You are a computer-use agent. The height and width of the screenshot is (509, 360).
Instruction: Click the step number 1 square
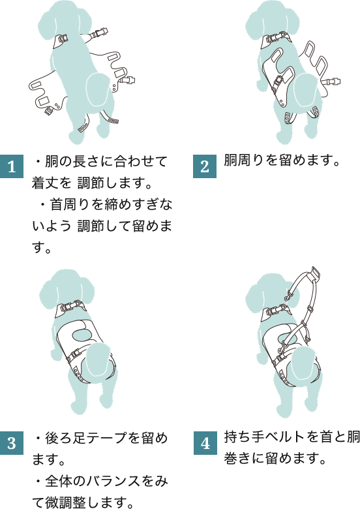(x=12, y=166)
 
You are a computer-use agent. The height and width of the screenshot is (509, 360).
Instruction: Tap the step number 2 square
(x=205, y=166)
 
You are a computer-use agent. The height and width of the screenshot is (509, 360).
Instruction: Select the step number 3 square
(x=12, y=443)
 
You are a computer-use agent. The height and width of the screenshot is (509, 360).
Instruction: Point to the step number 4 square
(x=205, y=443)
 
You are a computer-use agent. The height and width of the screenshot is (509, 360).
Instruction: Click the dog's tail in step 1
(x=98, y=89)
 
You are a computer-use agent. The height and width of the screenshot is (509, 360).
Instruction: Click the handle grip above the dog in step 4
(x=314, y=273)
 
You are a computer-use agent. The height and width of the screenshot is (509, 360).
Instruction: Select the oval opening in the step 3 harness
(x=82, y=335)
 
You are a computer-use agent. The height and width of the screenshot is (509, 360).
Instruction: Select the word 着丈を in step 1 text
(x=52, y=183)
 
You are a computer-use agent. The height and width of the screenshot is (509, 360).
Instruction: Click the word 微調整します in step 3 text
(x=85, y=502)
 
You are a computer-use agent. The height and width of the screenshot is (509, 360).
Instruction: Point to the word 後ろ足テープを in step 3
(x=93, y=438)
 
